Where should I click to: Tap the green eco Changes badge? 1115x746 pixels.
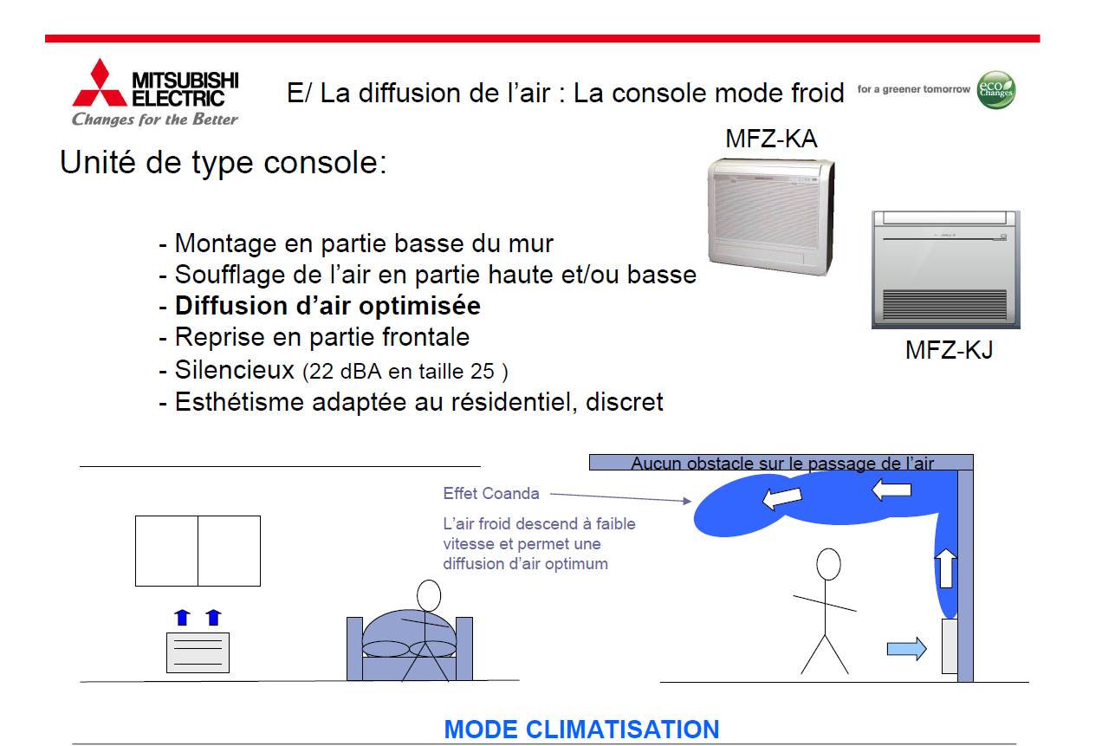coord(996,90)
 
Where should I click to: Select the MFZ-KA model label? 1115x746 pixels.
coord(771,139)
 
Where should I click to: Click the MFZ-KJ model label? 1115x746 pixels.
coord(949,350)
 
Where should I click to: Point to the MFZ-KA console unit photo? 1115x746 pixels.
coord(771,217)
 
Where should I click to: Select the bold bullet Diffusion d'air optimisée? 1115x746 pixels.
coord(327,306)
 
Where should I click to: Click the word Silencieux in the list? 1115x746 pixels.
coord(235,370)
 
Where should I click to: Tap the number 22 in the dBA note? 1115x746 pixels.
coord(321,372)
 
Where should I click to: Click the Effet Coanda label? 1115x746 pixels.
coord(491,493)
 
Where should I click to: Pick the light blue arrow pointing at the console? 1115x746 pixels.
coord(906,648)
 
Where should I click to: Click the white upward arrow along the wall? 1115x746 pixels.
coord(945,568)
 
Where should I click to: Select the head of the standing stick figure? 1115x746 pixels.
coord(828,564)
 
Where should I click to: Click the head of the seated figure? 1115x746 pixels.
coord(429,596)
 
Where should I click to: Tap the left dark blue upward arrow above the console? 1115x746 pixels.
coord(183,617)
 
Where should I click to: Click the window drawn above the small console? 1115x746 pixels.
coord(198,551)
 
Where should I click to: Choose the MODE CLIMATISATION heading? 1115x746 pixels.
coord(581,730)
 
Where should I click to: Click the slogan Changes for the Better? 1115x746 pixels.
coord(155,120)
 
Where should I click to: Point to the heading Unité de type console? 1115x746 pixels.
coord(223,162)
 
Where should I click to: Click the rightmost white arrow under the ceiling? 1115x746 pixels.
coord(891,490)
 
